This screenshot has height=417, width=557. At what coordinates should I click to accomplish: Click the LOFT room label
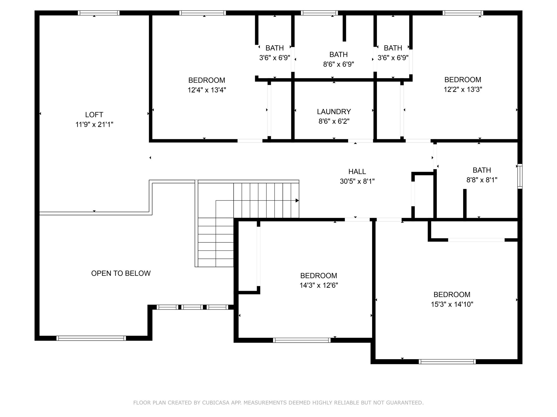(x=94, y=115)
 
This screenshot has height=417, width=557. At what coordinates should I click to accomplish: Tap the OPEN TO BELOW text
(x=121, y=273)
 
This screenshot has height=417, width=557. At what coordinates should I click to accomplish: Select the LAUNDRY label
(x=334, y=112)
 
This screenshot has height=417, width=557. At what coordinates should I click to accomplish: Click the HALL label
(x=357, y=172)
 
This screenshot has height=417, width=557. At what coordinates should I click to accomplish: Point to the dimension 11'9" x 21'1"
(x=94, y=124)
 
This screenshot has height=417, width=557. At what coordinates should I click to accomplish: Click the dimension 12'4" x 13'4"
(x=207, y=90)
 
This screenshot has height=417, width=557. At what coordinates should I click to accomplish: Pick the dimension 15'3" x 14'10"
(x=452, y=304)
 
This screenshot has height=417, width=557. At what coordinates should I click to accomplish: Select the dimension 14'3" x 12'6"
(x=319, y=285)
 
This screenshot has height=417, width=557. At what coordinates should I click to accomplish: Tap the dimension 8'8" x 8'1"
(x=482, y=180)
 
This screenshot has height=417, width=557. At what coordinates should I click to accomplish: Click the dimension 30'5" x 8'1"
(x=357, y=181)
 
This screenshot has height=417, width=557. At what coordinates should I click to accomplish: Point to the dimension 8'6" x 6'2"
(x=334, y=121)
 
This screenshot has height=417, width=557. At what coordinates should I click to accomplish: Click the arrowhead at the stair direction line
(x=297, y=201)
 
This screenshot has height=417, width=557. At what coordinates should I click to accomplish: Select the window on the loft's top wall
(x=98, y=13)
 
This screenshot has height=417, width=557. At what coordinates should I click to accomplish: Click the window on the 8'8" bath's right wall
(x=520, y=176)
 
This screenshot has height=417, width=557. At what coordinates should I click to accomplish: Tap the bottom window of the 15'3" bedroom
(x=447, y=362)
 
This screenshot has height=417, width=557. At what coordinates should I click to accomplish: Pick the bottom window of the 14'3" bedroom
(x=302, y=340)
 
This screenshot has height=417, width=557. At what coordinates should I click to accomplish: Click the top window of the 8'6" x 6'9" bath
(x=319, y=13)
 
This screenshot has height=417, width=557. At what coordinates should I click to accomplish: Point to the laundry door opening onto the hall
(x=361, y=141)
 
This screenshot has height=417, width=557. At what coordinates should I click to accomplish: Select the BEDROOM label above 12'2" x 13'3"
(x=463, y=80)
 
